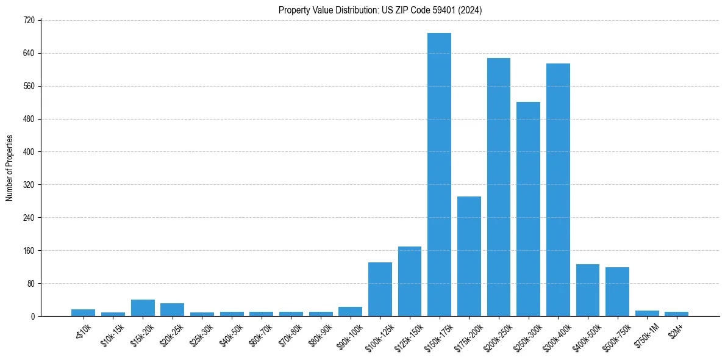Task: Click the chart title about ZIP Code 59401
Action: click(380, 10)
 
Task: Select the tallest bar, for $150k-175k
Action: click(439, 175)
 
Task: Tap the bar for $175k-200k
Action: click(469, 256)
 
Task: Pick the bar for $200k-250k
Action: click(499, 187)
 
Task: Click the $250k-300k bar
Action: click(528, 209)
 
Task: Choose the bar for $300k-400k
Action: click(558, 190)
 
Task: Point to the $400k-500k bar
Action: click(588, 290)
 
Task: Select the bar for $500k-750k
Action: click(617, 292)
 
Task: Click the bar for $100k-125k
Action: click(380, 289)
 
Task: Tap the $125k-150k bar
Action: click(410, 281)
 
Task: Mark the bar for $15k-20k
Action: click(143, 308)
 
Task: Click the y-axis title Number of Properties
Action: click(9, 168)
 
